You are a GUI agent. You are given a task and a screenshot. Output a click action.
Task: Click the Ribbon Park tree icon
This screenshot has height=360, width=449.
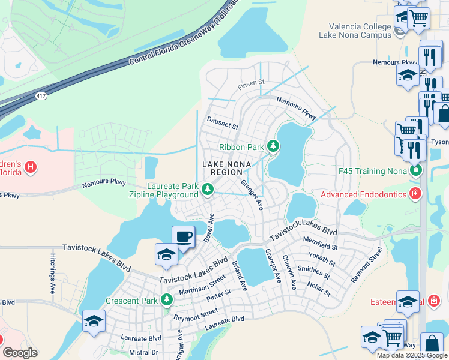(273, 146)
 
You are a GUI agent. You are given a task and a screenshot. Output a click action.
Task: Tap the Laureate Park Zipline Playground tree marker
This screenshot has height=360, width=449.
(208, 189)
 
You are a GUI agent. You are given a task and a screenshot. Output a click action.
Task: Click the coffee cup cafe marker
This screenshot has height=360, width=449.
(184, 236)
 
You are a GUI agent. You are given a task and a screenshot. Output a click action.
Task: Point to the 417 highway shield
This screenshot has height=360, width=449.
(41, 95)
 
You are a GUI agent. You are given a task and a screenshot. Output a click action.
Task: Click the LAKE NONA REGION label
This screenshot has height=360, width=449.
(226, 167)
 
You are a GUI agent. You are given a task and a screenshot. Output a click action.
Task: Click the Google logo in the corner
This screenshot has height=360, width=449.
(20, 353)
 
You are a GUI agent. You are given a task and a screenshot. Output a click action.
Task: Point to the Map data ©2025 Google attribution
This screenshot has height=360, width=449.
(411, 355)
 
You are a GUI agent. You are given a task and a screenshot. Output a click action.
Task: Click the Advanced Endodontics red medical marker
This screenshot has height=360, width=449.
(414, 193)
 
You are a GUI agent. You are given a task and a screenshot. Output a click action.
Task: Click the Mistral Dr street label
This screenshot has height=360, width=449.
(143, 352)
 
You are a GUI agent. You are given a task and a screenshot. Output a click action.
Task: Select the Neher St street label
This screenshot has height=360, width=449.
(318, 289)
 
